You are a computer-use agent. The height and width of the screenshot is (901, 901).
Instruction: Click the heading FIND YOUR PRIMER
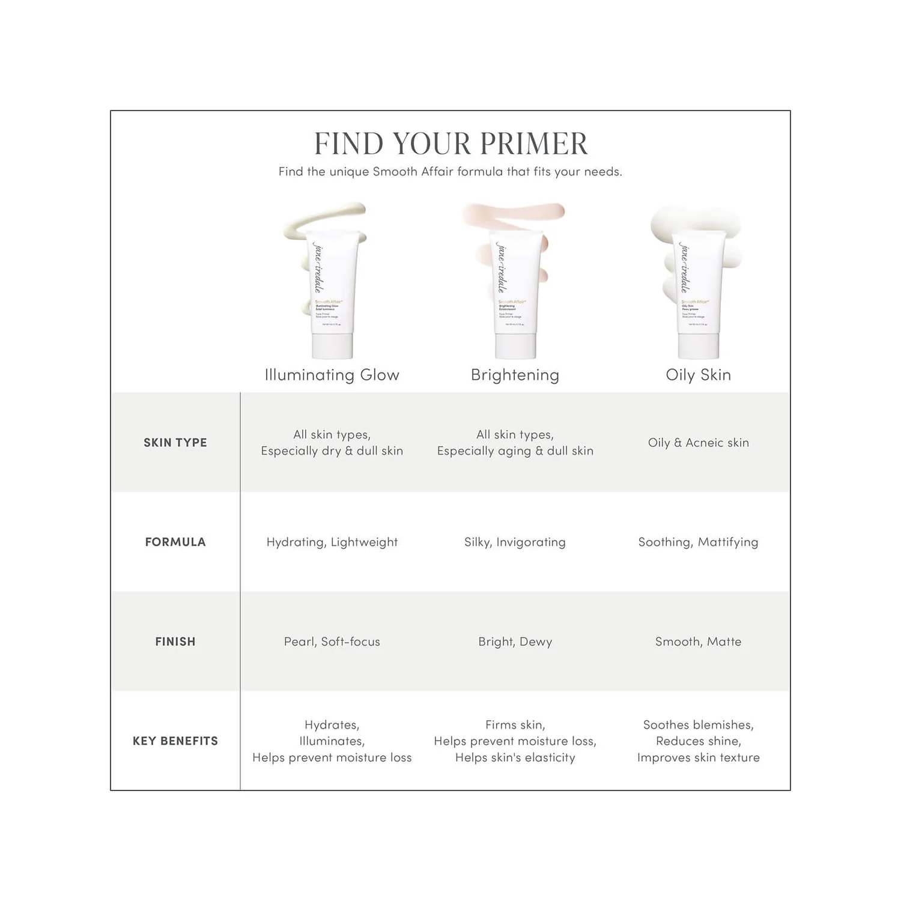(450, 144)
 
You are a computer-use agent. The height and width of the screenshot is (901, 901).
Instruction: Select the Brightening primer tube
(515, 294)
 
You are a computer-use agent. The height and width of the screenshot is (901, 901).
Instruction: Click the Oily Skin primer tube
(698, 294)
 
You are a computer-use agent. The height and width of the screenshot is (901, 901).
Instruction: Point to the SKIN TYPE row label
(175, 443)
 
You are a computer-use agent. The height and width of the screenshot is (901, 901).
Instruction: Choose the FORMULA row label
(175, 542)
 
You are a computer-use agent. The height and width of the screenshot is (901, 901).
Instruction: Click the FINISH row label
(175, 642)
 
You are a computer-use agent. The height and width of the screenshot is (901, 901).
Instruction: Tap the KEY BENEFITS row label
(175, 741)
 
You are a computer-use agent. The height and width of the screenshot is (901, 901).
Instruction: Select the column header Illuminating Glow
(332, 375)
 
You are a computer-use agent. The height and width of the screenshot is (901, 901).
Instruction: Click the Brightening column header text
(515, 375)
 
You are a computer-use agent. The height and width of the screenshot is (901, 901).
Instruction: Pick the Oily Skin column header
(698, 375)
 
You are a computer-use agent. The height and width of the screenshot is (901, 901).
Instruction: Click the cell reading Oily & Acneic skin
(698, 443)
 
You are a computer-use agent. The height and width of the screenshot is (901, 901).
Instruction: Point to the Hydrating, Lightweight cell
(332, 542)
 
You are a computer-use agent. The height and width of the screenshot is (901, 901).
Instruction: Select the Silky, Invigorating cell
(515, 542)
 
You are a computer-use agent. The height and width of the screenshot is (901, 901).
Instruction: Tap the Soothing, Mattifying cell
(698, 542)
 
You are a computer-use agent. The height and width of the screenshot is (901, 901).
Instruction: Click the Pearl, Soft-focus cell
(332, 642)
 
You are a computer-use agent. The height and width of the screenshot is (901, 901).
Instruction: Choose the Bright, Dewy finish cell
(515, 642)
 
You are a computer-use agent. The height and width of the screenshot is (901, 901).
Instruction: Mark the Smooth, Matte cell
(698, 642)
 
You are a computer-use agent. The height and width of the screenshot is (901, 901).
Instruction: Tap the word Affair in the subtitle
(437, 172)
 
